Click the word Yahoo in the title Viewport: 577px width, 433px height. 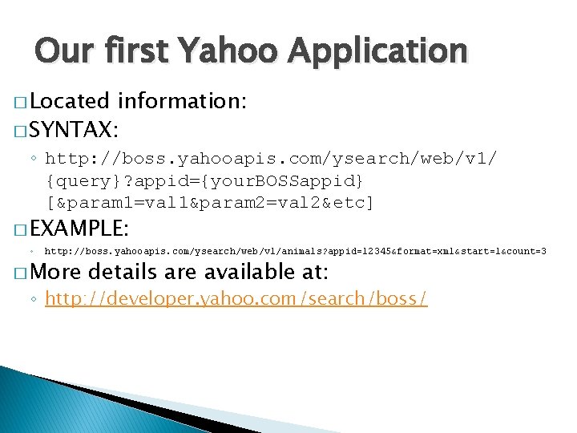231,51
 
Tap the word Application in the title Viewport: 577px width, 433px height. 377,51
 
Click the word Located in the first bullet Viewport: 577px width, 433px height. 70,101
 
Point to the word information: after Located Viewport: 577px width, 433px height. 182,101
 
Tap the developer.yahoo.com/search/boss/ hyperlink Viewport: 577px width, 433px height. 236,299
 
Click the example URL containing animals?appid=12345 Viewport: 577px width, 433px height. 295,252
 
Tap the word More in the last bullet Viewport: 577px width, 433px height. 57,273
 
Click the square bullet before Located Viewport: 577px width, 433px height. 20,103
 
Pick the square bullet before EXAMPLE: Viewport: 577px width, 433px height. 20,230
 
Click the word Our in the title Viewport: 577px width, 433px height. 62,51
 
